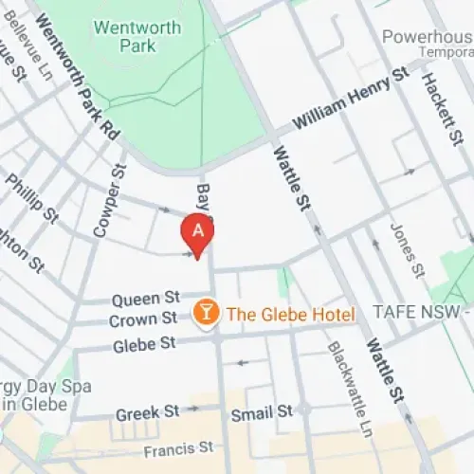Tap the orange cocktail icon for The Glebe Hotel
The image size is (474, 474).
click(x=204, y=314)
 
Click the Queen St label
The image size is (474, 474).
click(x=146, y=299)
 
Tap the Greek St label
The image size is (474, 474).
click(x=147, y=413)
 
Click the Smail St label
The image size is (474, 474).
click(x=263, y=413)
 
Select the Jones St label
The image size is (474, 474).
click(x=403, y=250)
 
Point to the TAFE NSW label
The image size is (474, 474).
click(x=422, y=313)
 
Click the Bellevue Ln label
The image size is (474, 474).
click(x=27, y=49)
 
